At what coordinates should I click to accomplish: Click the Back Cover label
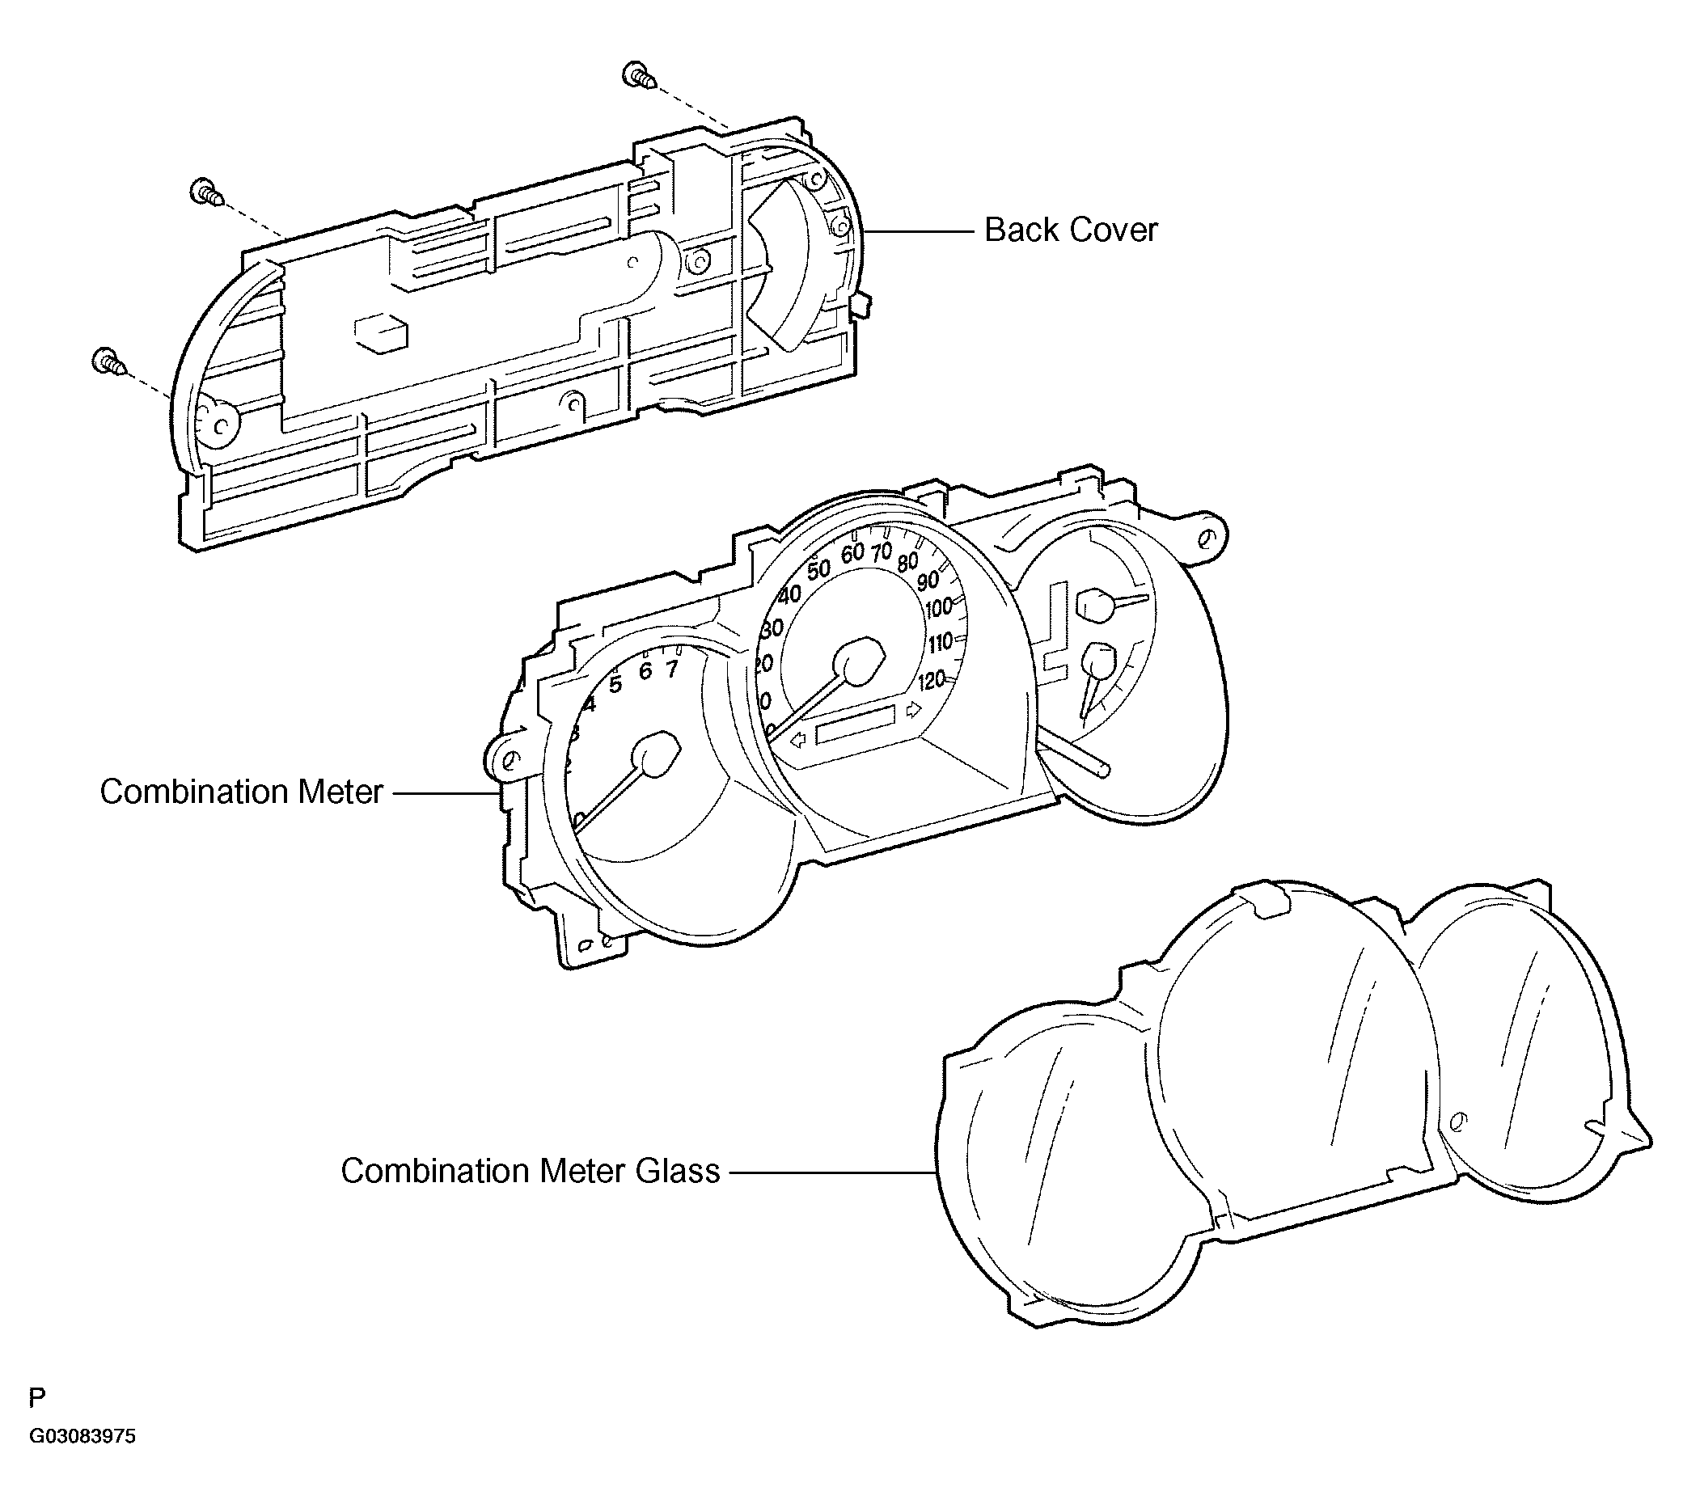tap(1071, 230)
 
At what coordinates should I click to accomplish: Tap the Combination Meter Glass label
tap(531, 1171)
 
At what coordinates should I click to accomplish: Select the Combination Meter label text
tap(241, 792)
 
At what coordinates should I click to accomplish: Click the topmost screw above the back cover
tap(639, 75)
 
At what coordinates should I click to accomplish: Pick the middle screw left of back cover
tap(207, 192)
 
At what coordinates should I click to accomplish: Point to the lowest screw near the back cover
tap(109, 362)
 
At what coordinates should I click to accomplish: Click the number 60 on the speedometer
tap(852, 553)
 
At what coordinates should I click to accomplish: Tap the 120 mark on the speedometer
tap(932, 681)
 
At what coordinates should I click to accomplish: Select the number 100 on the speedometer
tap(939, 609)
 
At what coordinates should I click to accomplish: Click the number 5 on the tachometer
tap(615, 684)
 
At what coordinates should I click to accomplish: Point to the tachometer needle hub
tap(657, 753)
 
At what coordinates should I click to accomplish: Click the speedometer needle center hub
tap(860, 661)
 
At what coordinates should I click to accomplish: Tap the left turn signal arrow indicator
tap(798, 741)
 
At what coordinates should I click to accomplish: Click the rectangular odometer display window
tap(856, 725)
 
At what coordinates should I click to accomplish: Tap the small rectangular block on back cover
tap(381, 332)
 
